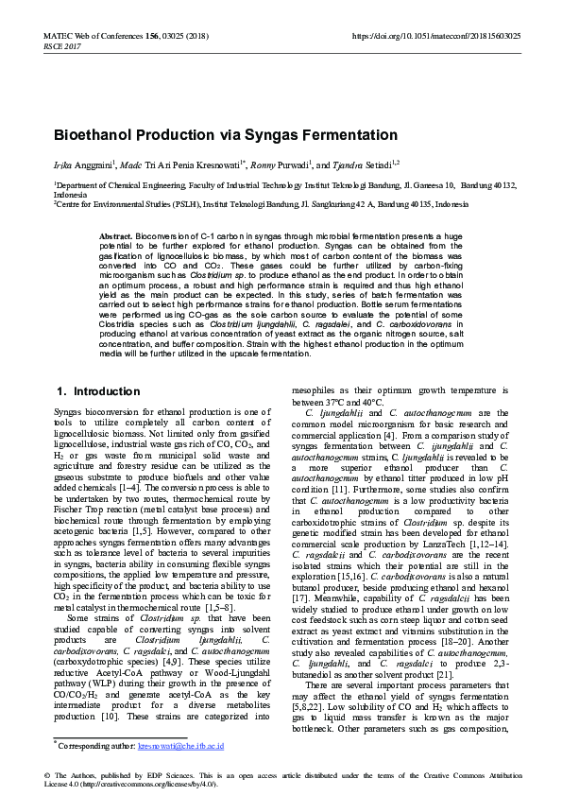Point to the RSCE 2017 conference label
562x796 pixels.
(63, 44)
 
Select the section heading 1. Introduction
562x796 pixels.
(86, 390)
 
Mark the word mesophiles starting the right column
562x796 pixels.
(313, 389)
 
